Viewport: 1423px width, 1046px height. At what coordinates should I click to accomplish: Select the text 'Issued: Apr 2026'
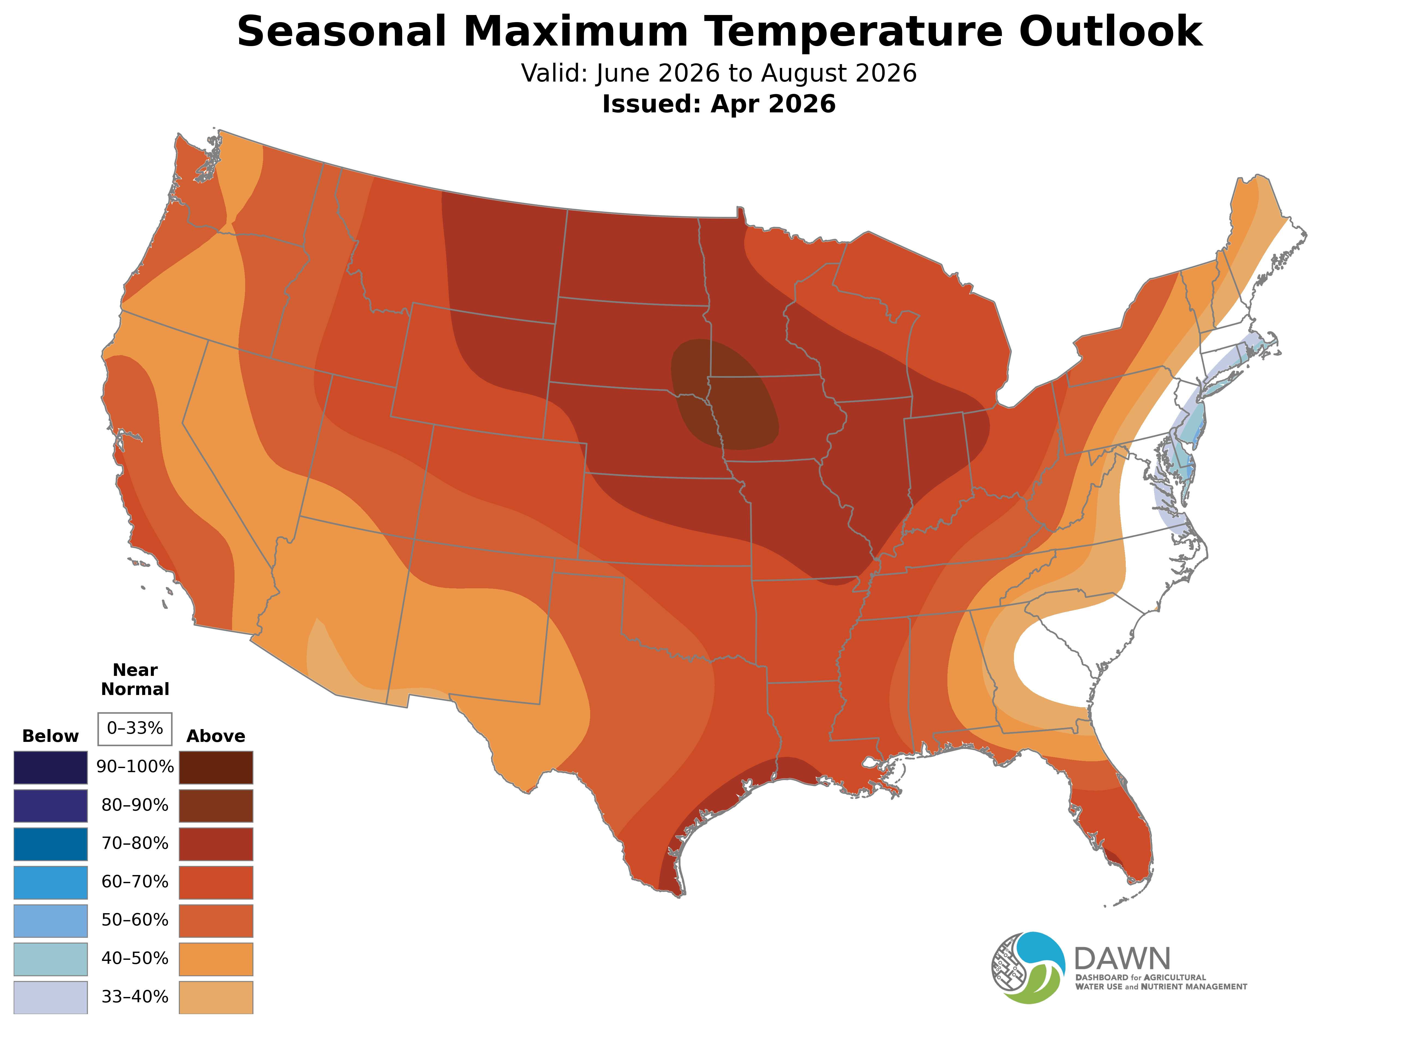point(719,104)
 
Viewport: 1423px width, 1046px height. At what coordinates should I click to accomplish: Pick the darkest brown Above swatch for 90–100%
point(216,768)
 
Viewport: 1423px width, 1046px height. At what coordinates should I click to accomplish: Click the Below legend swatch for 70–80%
point(51,844)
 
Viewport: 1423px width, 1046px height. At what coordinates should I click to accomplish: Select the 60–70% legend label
point(135,882)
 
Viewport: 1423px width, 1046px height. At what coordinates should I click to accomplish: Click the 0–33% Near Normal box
point(135,729)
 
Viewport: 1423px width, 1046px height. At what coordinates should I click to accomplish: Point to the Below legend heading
point(51,736)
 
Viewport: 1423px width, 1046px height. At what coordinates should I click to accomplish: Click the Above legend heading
point(216,736)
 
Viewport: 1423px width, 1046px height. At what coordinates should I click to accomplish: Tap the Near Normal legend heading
point(135,679)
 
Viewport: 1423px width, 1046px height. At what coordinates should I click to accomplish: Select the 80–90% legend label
point(135,805)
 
